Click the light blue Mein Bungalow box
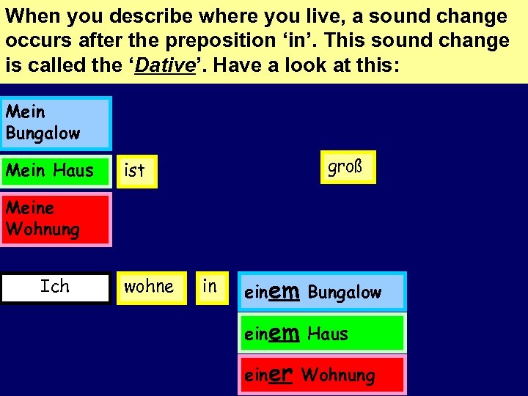pos(56,123)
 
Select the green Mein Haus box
pos(56,171)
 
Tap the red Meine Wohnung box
pos(56,219)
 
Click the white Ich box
pos(55,287)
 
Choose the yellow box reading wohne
pos(149,287)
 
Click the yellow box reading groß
pos(348,167)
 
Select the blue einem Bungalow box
pos(323,292)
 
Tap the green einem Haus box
pos(323,334)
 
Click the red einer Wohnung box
pos(323,375)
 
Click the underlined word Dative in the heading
pos(166,65)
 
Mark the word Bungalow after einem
pos(345,293)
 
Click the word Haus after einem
pos(328,334)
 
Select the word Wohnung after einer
pos(338,376)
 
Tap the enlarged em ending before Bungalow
pos(285,292)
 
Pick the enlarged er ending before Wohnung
pos(282,375)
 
